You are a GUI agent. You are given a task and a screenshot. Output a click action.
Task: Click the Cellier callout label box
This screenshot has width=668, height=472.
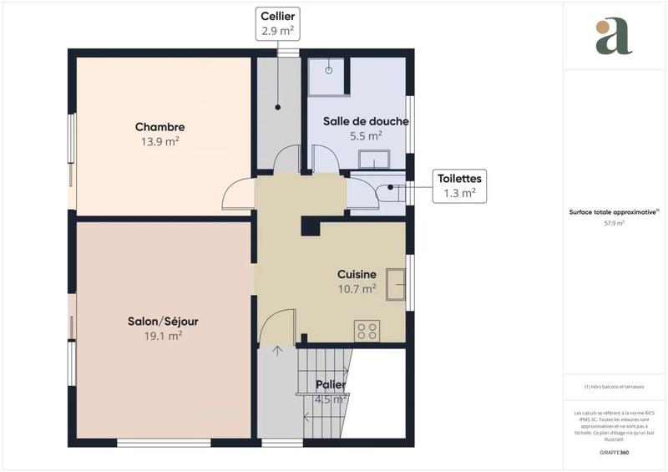click(277, 23)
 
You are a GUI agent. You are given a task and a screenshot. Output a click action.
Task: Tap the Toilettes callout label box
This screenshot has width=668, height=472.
click(458, 185)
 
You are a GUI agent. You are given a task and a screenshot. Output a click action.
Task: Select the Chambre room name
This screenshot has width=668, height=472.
click(160, 127)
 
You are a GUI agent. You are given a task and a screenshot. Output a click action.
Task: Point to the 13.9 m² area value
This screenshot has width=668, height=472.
click(160, 142)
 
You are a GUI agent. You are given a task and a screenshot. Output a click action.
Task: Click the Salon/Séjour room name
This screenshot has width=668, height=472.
click(163, 321)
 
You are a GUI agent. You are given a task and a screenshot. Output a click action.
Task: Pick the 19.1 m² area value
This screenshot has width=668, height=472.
click(163, 336)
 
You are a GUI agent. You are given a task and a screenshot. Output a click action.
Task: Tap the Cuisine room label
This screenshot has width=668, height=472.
click(357, 274)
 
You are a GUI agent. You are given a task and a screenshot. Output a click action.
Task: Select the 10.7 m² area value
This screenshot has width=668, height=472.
click(357, 289)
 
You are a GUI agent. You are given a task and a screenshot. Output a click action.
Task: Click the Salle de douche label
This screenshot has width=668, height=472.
click(366, 121)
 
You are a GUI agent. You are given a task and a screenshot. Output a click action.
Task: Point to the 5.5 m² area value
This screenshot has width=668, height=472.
click(366, 135)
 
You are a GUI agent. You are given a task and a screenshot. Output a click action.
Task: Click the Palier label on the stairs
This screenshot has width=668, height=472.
click(331, 385)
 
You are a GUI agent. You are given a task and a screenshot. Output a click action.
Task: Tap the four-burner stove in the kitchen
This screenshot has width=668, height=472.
click(367, 331)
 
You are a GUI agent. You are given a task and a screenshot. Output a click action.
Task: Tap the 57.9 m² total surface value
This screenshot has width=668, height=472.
click(615, 223)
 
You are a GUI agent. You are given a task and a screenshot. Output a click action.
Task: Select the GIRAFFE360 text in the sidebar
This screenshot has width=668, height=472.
click(615, 450)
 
